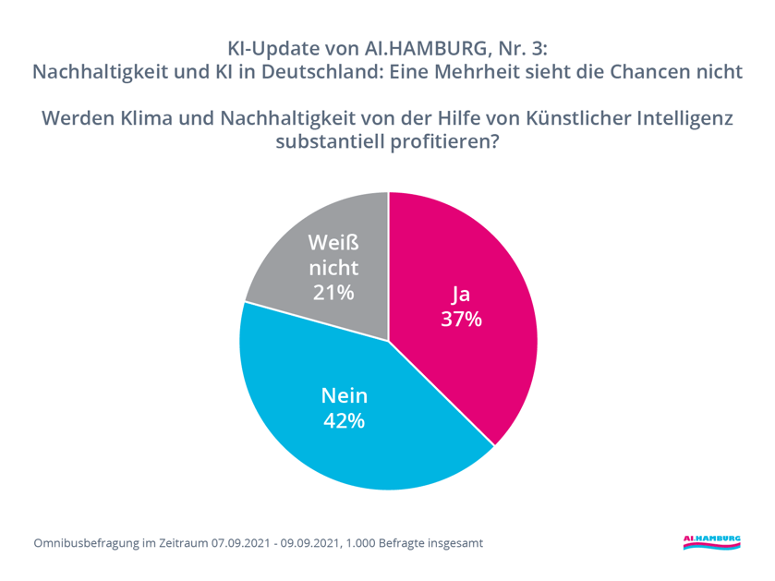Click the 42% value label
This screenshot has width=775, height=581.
pyautogui.click(x=344, y=421)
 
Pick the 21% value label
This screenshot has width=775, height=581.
pyautogui.click(x=333, y=293)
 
